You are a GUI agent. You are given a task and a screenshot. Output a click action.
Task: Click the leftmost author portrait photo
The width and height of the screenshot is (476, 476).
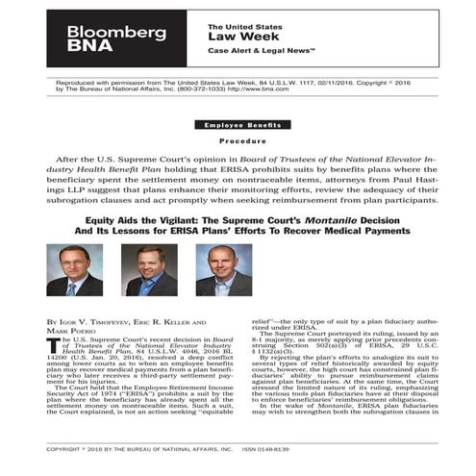(x=74, y=269)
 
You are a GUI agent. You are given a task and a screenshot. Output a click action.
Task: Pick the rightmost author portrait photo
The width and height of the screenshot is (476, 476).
(x=223, y=269)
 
